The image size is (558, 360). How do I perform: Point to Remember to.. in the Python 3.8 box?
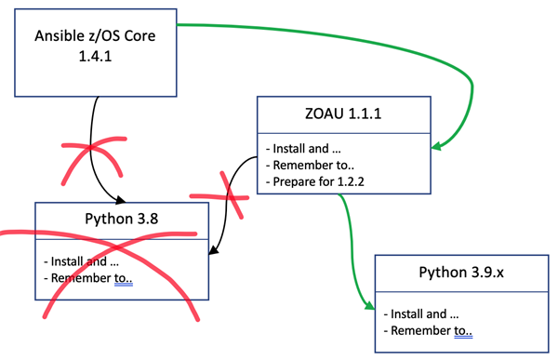click(90, 277)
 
